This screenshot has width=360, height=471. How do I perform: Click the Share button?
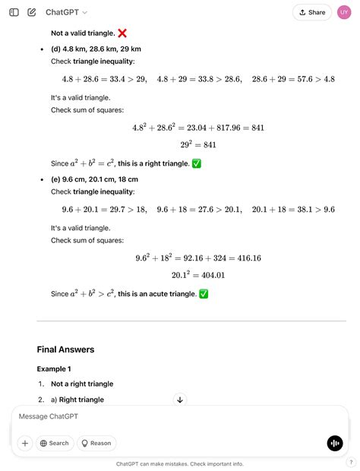pos(312,12)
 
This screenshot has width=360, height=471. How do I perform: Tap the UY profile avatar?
pos(343,12)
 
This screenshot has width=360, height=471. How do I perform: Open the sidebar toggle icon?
pos(14,12)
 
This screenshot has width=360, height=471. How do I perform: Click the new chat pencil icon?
pos(32,12)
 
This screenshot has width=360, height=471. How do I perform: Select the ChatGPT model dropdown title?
pos(66,12)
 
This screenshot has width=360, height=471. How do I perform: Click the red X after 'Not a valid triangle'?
pos(122,33)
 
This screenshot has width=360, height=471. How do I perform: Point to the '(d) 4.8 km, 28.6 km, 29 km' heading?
pos(96,49)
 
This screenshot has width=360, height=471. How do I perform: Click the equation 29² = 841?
pos(199,144)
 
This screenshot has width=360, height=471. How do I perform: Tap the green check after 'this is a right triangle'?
pos(196,163)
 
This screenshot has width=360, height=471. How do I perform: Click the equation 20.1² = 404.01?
pos(198,275)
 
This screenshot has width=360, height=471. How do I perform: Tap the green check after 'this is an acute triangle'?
pos(203,294)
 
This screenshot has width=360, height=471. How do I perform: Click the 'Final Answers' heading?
pos(65,349)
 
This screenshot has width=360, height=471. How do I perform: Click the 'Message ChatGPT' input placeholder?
pos(49,416)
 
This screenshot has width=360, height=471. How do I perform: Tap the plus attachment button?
pos(25,443)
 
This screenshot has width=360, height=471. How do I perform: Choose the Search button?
pos(54,443)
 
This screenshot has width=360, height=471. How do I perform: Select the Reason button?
pos(96,443)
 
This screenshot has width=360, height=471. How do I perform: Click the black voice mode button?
pos(334,444)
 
